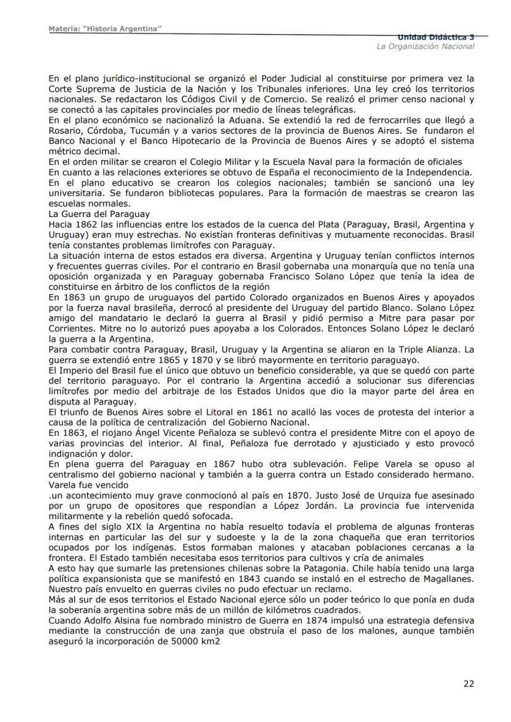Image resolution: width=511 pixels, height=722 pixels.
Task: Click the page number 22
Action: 469,683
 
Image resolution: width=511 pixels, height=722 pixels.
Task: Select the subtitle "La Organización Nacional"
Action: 426,47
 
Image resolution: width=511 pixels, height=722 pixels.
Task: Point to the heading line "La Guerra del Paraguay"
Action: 98,215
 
